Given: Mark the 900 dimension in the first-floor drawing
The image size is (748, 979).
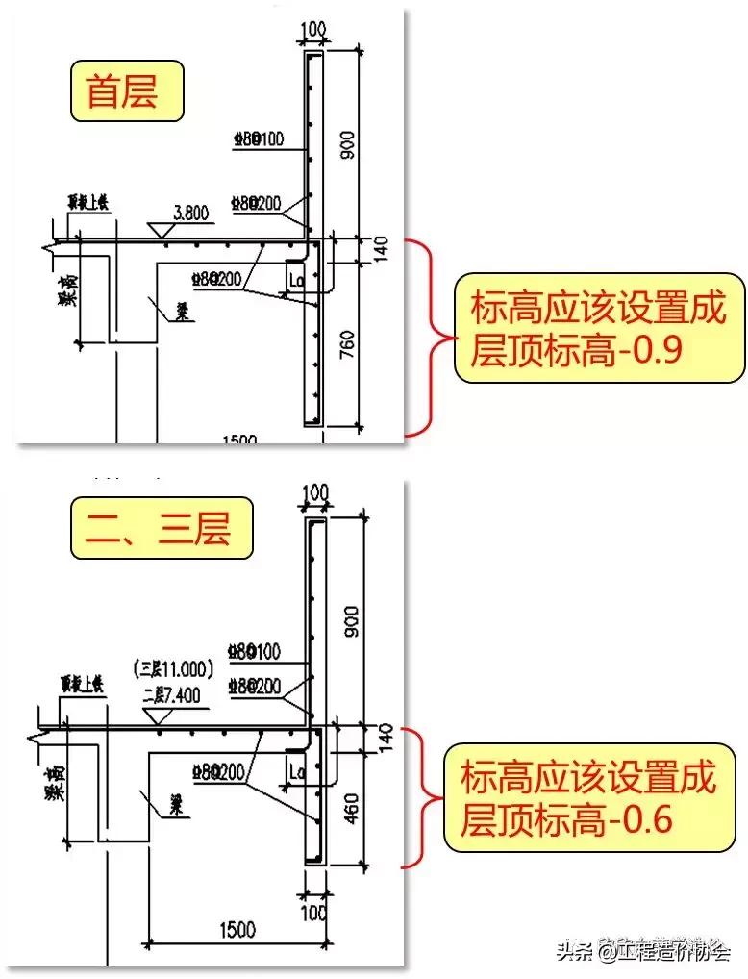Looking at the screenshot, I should click(x=348, y=144).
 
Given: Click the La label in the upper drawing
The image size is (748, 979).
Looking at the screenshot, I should click(x=295, y=279).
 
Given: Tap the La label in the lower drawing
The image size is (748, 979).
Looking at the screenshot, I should click(x=295, y=770).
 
